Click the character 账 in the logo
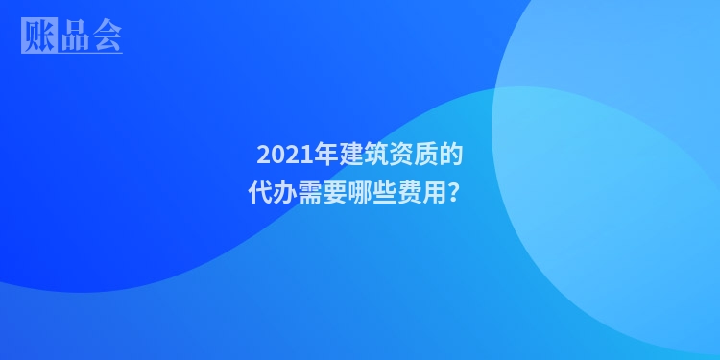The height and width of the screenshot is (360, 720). [37, 36]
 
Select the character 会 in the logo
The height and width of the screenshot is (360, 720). [105, 36]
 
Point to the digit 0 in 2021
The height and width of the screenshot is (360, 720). [276, 154]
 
